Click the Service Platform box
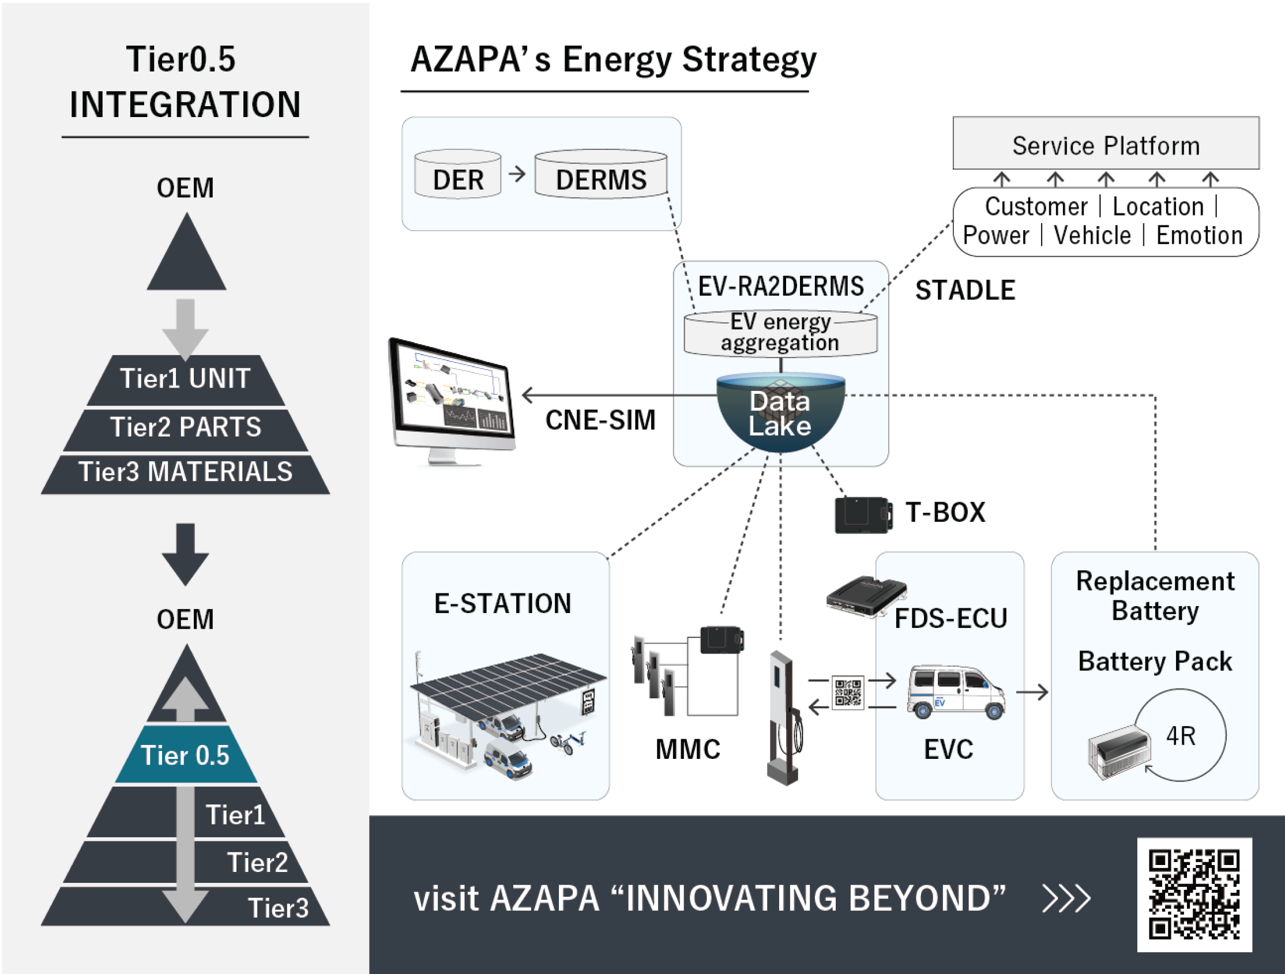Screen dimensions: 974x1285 coord(1106,144)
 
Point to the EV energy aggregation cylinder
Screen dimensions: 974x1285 coord(780,333)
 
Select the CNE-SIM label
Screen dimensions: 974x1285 coord(600,420)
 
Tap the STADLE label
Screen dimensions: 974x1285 coord(965,291)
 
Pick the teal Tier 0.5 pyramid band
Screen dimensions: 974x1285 coord(186,755)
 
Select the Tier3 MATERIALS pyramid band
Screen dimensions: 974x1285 coord(186,472)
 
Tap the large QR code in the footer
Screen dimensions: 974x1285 coord(1194,894)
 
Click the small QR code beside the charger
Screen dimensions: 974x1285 coord(848,693)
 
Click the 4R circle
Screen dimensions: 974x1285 coord(1180,736)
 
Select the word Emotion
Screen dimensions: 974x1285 coord(1199,236)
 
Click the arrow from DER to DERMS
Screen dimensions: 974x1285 coord(517,174)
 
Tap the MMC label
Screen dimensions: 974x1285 coord(688,749)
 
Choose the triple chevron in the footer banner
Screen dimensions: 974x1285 coord(1066,899)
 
